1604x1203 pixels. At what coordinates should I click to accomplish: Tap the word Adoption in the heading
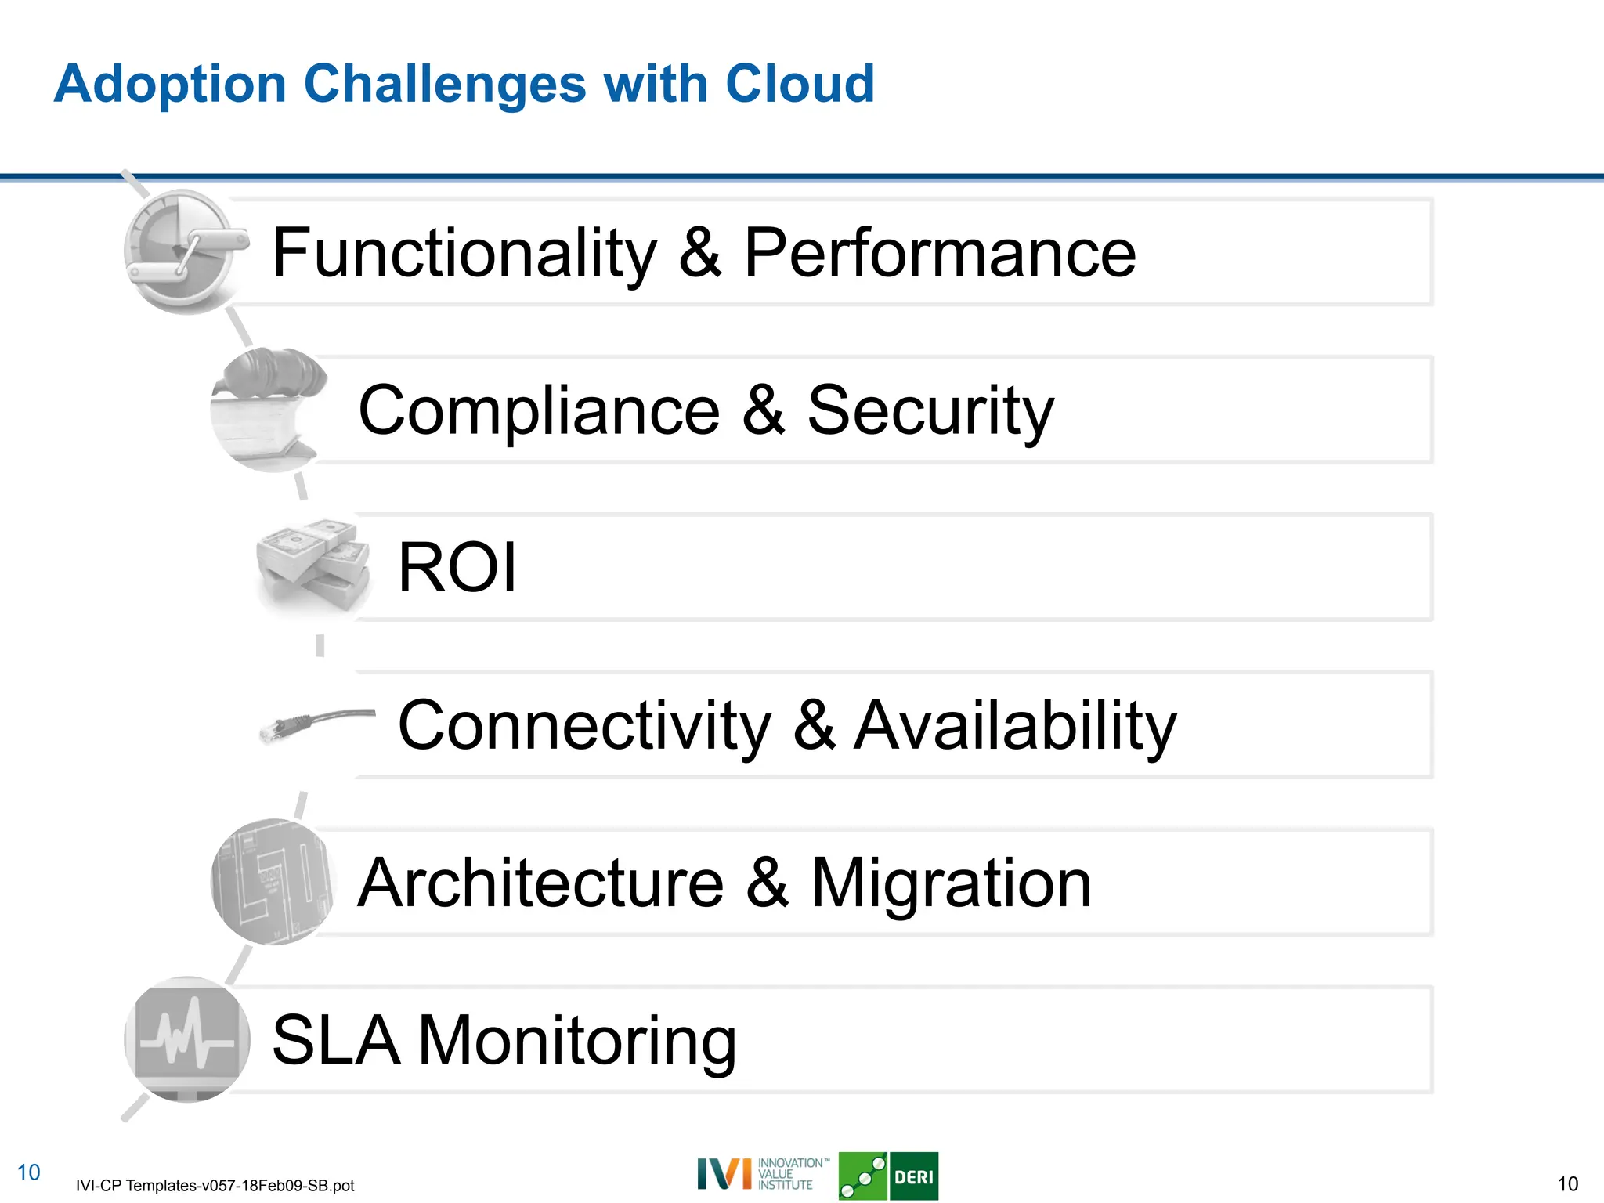click(x=170, y=85)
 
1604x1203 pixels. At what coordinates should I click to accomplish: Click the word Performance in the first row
click(x=939, y=253)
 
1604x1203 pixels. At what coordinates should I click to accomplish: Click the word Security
click(x=930, y=412)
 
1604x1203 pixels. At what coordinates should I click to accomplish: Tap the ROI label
click(x=457, y=568)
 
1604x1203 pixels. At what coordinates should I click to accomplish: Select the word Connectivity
click(x=584, y=726)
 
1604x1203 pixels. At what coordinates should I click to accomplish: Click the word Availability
click(x=1015, y=726)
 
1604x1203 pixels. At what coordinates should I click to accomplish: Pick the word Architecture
click(x=540, y=883)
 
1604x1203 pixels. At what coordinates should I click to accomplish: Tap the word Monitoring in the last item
click(x=577, y=1042)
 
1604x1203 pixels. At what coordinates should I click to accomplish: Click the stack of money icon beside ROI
click(x=314, y=565)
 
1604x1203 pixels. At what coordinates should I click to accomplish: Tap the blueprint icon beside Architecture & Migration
click(x=272, y=882)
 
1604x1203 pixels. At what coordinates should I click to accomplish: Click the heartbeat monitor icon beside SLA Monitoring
click(x=186, y=1039)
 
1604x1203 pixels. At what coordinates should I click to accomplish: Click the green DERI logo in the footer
click(x=888, y=1176)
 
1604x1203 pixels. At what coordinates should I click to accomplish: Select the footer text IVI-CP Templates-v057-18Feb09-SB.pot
click(x=215, y=1186)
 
